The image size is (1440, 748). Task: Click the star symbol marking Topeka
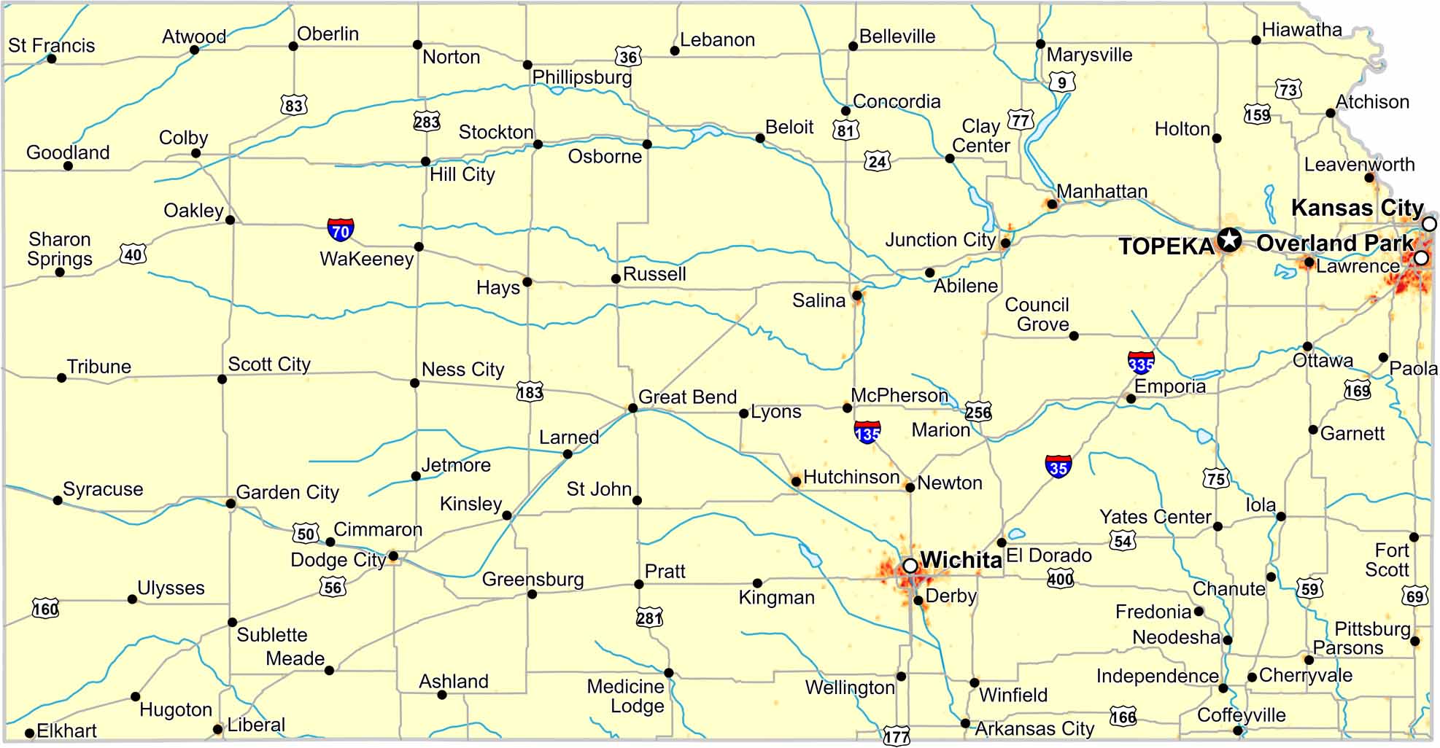tap(1229, 239)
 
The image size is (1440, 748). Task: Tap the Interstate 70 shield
tap(341, 230)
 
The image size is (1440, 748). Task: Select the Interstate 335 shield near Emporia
tap(1141, 362)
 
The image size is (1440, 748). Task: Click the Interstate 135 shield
tap(867, 432)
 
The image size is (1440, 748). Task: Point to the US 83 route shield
tap(293, 105)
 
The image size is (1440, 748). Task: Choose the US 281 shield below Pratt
tap(649, 618)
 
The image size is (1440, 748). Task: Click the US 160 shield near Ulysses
tap(45, 607)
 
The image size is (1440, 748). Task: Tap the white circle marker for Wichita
tap(910, 566)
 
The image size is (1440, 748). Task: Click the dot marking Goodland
tap(68, 166)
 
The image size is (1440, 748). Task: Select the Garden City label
tap(287, 492)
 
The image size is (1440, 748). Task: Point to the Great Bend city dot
tap(632, 408)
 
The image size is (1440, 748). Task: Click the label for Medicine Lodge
tap(626, 696)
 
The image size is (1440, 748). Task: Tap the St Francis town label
tap(51, 45)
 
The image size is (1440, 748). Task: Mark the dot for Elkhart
tap(29, 733)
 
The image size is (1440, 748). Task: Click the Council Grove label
tap(1037, 314)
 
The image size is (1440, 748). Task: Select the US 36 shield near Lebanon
tap(627, 56)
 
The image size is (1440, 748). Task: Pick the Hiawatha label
tap(1301, 30)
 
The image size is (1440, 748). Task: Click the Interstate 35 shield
tap(1058, 467)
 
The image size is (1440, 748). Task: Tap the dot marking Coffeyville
tap(1237, 731)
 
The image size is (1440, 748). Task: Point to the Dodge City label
tap(338, 559)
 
